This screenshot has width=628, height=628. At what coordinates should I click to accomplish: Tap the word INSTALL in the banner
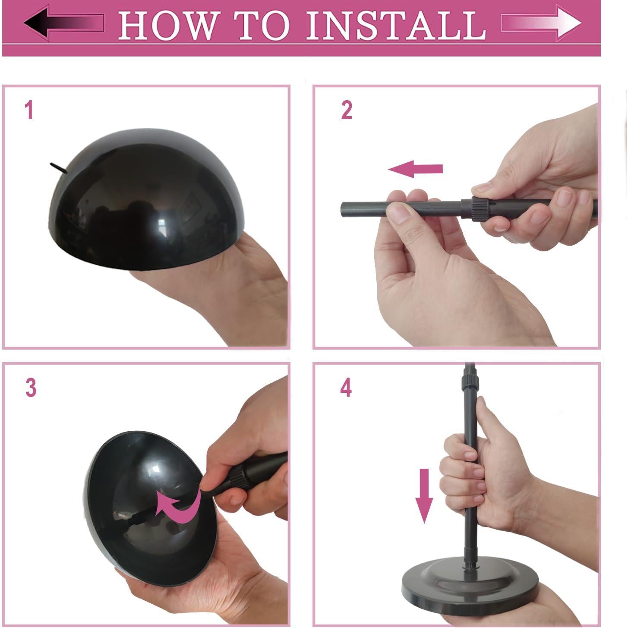coord(396,25)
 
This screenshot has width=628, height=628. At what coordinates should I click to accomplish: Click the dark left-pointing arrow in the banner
coord(64,23)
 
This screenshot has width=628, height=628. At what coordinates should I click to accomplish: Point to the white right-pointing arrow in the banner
coord(541,23)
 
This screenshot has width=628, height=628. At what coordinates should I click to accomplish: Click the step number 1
coord(29,110)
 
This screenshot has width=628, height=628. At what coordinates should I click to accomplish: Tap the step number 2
coord(347,110)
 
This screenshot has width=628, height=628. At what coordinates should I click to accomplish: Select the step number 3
coord(31,388)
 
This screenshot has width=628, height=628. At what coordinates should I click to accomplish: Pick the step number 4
coord(346,388)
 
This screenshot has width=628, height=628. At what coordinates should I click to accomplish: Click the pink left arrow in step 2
coord(415,168)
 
